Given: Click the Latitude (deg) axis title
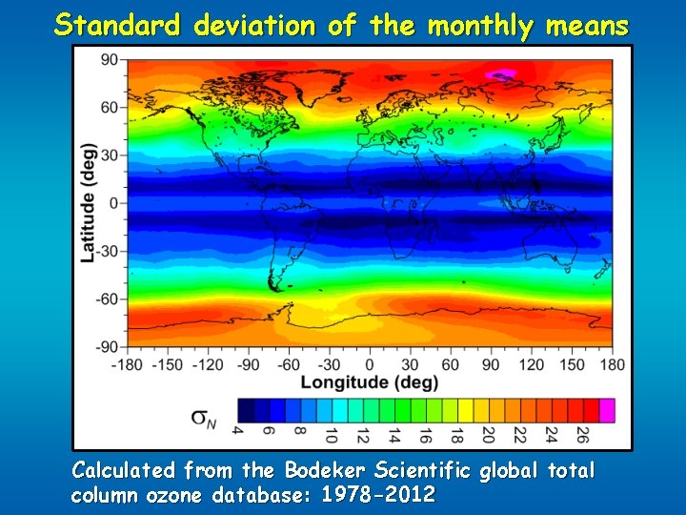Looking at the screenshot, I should (89, 203).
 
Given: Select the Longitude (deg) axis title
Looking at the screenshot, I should (370, 382).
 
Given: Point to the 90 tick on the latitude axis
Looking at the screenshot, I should (109, 59).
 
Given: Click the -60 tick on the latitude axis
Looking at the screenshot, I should (106, 299).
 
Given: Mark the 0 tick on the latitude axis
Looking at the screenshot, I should (112, 203).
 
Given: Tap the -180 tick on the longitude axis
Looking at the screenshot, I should (129, 364).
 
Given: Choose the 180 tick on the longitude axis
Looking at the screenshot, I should (612, 364).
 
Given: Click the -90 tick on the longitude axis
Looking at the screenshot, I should (250, 364).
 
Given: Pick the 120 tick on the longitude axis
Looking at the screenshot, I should (532, 364).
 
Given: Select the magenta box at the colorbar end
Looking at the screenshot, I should (606, 410).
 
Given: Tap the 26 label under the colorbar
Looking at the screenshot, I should (580, 435).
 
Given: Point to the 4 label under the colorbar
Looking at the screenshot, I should (237, 432).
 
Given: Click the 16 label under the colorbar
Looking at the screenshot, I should (424, 435).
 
